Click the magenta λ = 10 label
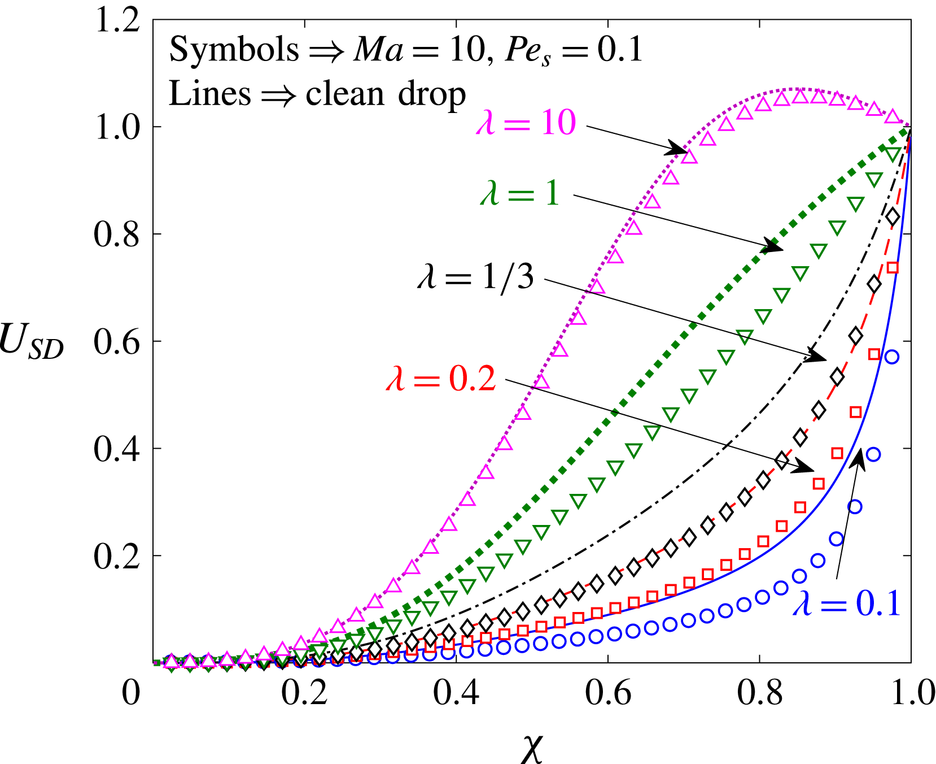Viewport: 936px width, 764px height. [x=526, y=123]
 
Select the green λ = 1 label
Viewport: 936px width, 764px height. [x=520, y=193]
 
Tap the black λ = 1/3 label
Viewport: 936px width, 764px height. [x=475, y=277]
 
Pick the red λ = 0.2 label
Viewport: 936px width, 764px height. [x=441, y=379]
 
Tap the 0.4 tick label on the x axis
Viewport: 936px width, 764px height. [x=456, y=693]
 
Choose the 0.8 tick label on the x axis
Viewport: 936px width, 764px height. [x=760, y=693]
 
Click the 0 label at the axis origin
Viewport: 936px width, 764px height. [x=131, y=693]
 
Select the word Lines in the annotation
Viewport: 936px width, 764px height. [x=209, y=93]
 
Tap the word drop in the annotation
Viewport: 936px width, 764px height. [x=432, y=93]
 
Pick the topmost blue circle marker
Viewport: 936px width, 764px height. [x=891, y=357]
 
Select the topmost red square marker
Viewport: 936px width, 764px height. [x=893, y=267]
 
